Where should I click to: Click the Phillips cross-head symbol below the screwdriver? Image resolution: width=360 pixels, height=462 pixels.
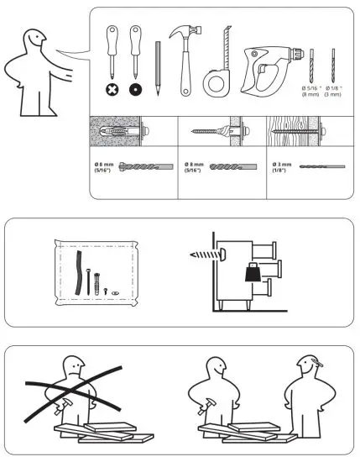tap(110, 89)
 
